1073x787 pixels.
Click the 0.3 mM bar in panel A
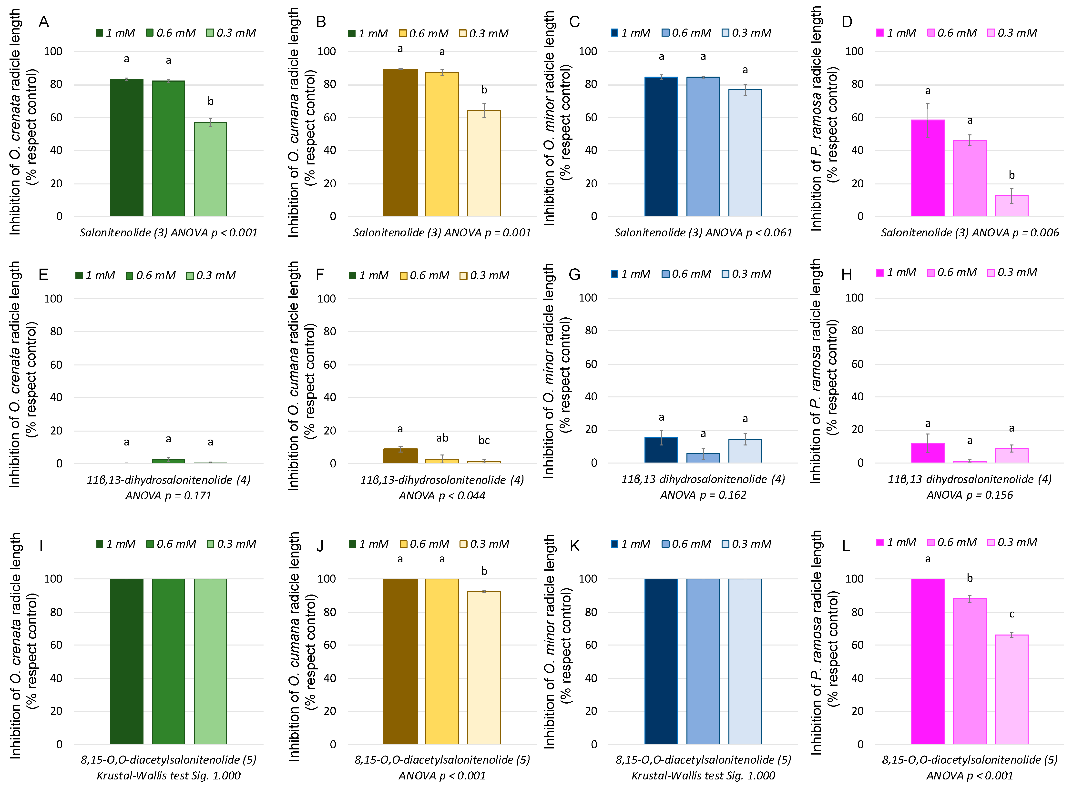tap(210, 169)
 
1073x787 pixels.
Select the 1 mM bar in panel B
tap(400, 142)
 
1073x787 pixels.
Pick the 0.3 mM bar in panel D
tap(1012, 206)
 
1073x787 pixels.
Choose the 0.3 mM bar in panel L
tap(1012, 689)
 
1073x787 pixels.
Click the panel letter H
tap(847, 274)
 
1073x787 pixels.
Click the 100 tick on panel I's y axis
tap(53, 579)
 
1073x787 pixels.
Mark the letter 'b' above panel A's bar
tap(210, 101)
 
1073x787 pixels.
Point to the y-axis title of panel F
tap(302, 376)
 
